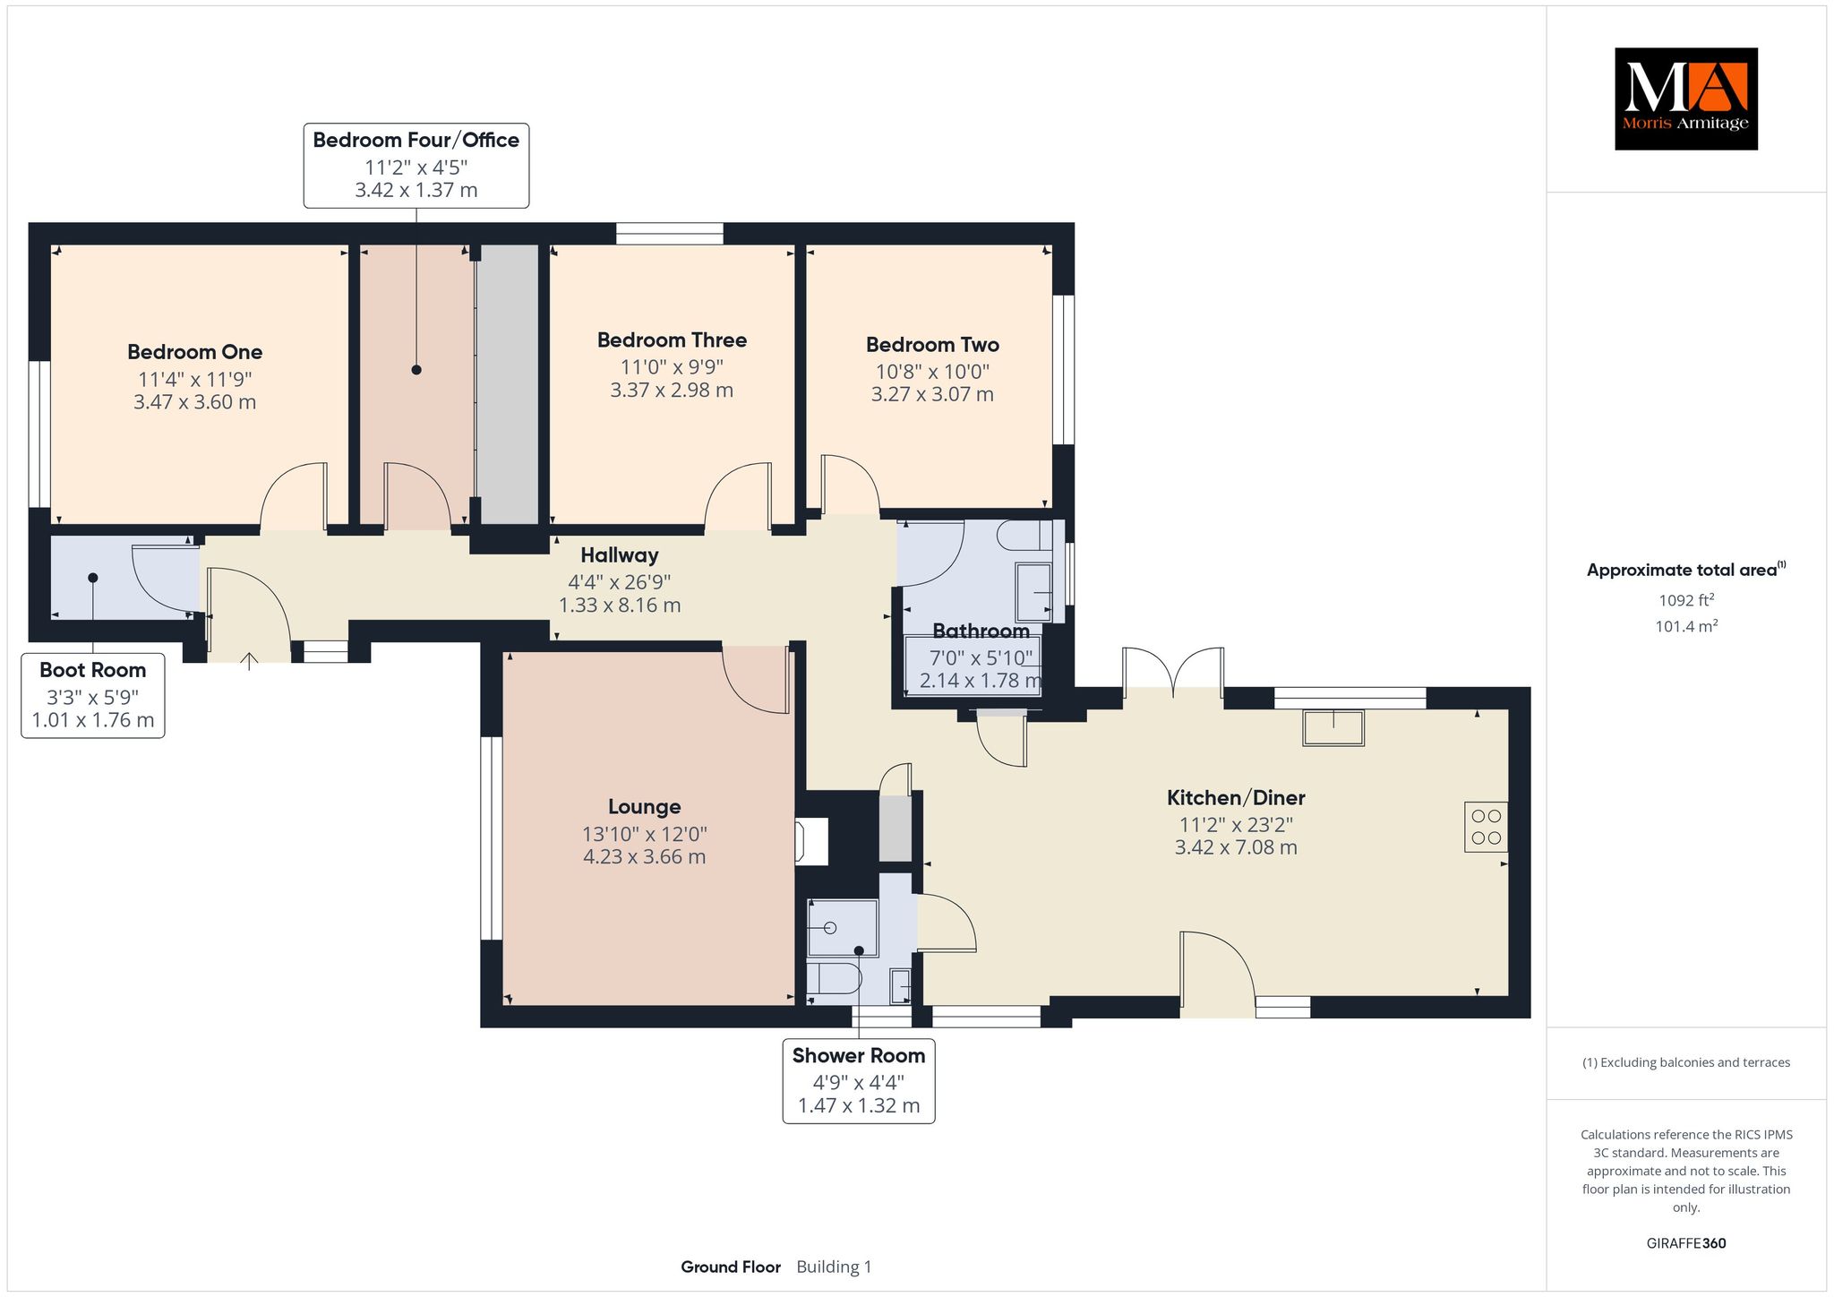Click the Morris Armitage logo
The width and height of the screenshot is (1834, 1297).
click(1685, 99)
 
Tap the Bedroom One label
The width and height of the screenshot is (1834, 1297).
click(194, 352)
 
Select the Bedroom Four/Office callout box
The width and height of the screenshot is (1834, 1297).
click(416, 166)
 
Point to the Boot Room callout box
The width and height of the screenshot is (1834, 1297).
click(93, 696)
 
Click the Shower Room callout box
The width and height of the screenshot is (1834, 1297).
click(859, 1081)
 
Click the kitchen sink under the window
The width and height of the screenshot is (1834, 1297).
click(1333, 727)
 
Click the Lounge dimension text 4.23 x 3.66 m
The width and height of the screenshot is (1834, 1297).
click(645, 857)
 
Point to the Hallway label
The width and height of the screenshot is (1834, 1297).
click(620, 555)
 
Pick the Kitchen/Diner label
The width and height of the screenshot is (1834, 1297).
click(1236, 797)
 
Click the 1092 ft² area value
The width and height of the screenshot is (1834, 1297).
click(1686, 601)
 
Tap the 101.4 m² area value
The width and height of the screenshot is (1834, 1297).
click(1686, 626)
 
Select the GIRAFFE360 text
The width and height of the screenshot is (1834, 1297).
click(1686, 1243)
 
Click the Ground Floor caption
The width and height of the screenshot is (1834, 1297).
click(731, 1267)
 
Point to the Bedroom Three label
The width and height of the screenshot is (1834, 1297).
click(672, 340)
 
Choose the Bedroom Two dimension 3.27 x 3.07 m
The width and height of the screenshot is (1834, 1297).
click(932, 394)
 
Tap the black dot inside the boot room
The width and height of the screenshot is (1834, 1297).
click(93, 578)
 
